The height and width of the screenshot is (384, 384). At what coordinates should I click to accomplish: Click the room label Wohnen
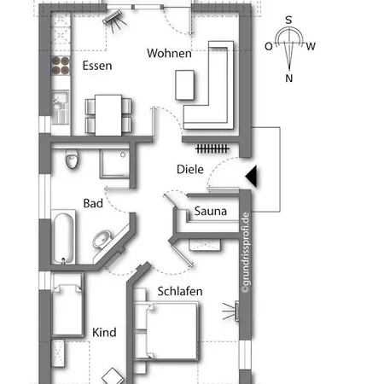169,53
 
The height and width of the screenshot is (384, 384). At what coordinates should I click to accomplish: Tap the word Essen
97,66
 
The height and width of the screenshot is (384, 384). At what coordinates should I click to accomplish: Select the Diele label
190,169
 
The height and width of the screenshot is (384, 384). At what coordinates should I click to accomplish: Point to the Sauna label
211,211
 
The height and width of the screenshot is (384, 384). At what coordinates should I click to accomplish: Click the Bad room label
93,203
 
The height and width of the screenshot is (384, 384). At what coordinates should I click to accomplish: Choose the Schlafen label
180,291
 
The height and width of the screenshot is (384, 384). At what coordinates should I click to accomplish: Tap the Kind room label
104,332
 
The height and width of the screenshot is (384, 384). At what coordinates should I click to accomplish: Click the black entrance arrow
252,176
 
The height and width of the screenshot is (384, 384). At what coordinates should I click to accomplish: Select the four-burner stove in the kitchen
61,65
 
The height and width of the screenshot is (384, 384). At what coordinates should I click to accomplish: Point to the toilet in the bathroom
72,159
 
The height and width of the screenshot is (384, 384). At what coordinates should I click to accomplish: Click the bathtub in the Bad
63,237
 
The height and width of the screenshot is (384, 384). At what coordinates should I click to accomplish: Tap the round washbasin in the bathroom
102,239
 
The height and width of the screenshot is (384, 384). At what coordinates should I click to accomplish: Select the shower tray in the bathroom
114,164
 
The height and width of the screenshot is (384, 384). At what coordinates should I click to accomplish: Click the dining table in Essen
108,115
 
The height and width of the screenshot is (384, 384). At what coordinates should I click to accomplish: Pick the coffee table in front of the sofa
185,84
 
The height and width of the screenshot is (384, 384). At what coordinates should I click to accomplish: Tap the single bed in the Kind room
67,310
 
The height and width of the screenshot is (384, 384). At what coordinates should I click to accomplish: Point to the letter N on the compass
289,78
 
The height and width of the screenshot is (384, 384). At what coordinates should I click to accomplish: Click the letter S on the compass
288,20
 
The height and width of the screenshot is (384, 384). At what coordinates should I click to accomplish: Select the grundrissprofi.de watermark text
246,253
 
